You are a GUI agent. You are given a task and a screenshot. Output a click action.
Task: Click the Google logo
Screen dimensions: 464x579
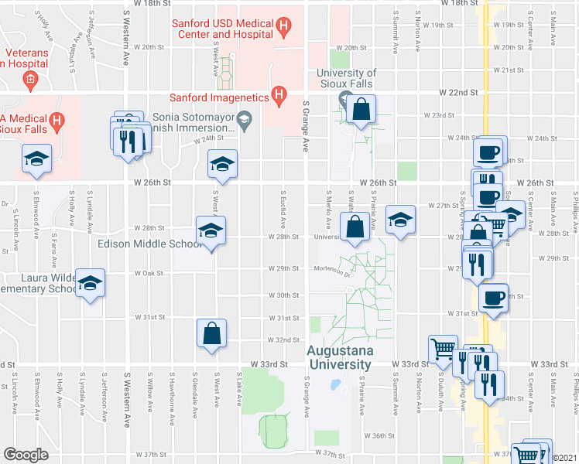(x=26, y=454)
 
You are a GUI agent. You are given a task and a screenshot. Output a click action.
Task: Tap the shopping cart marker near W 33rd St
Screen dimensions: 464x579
(x=443, y=350)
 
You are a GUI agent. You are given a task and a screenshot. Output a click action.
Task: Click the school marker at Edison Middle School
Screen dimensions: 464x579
(x=211, y=230)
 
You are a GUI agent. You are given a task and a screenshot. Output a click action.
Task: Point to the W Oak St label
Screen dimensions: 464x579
(x=147, y=273)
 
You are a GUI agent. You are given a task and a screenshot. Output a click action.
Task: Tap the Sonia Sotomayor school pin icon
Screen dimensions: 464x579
(x=245, y=118)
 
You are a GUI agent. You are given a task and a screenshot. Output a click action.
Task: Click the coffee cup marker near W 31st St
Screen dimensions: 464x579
(x=493, y=297)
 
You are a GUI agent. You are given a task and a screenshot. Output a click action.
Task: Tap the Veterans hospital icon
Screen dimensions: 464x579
(x=30, y=78)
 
